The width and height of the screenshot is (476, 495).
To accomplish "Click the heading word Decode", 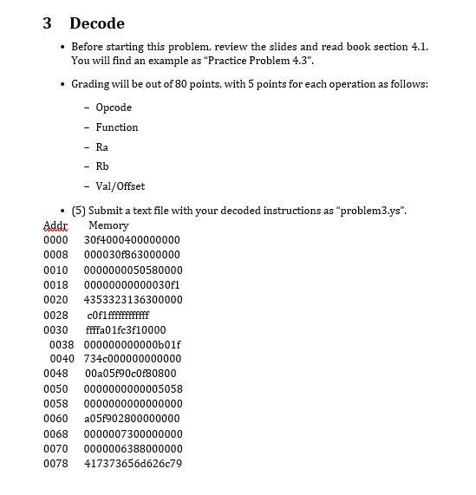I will pos(97,23).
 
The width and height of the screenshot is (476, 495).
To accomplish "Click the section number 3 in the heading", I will pos(49,23).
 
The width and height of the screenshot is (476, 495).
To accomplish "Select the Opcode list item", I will pos(114,107).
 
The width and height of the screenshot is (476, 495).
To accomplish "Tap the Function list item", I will pos(117,127).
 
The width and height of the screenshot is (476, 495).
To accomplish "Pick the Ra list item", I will pos(102,147).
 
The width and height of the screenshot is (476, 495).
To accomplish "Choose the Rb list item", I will pos(102,166).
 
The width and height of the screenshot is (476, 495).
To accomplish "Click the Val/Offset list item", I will pos(121,186).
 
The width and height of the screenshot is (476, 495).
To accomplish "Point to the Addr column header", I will pos(55,225).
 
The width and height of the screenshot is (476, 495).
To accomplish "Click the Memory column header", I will pos(109,225).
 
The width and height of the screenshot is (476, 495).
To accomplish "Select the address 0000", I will pos(55,239).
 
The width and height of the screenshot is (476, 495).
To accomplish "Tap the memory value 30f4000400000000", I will pos(132,239).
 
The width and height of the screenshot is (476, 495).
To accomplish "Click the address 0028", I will pos(55,315).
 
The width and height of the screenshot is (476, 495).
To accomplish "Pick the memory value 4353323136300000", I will pos(133,299).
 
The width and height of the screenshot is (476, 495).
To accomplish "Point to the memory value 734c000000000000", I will pos(133,359).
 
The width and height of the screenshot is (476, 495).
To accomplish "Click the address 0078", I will pos(55,464).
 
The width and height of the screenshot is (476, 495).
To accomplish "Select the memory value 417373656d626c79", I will pos(133,464).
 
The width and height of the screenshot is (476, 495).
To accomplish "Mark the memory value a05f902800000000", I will pos(132,419).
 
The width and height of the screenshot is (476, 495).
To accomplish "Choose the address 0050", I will pos(55,389).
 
